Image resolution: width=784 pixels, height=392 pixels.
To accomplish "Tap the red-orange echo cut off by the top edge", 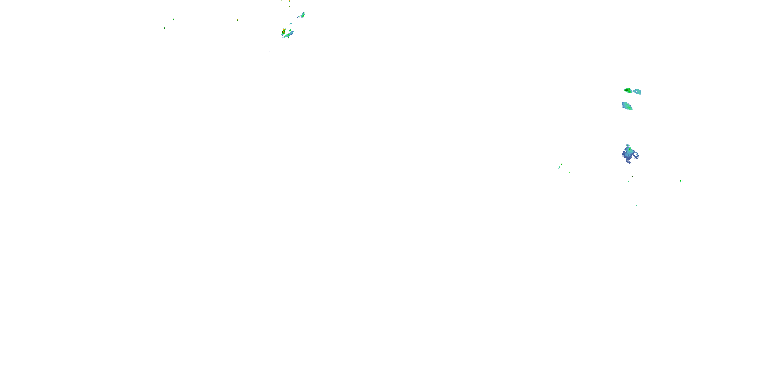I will pyautogui.click(x=290, y=1).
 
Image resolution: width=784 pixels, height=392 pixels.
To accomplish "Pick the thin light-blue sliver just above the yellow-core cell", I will pyautogui.click(x=290, y=24).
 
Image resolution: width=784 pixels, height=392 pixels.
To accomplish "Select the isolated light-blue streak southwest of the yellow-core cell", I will pyautogui.click(x=269, y=51).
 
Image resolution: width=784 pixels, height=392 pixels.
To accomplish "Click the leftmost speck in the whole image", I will pyautogui.click(x=165, y=28).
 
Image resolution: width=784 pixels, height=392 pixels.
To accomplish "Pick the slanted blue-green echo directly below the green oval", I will pyautogui.click(x=627, y=106).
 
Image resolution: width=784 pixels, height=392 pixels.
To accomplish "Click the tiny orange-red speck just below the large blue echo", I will pyautogui.click(x=632, y=176).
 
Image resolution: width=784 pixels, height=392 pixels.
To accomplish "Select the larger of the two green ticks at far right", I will pyautogui.click(x=680, y=181).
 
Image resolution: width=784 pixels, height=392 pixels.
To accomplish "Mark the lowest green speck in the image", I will pyautogui.click(x=636, y=205).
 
